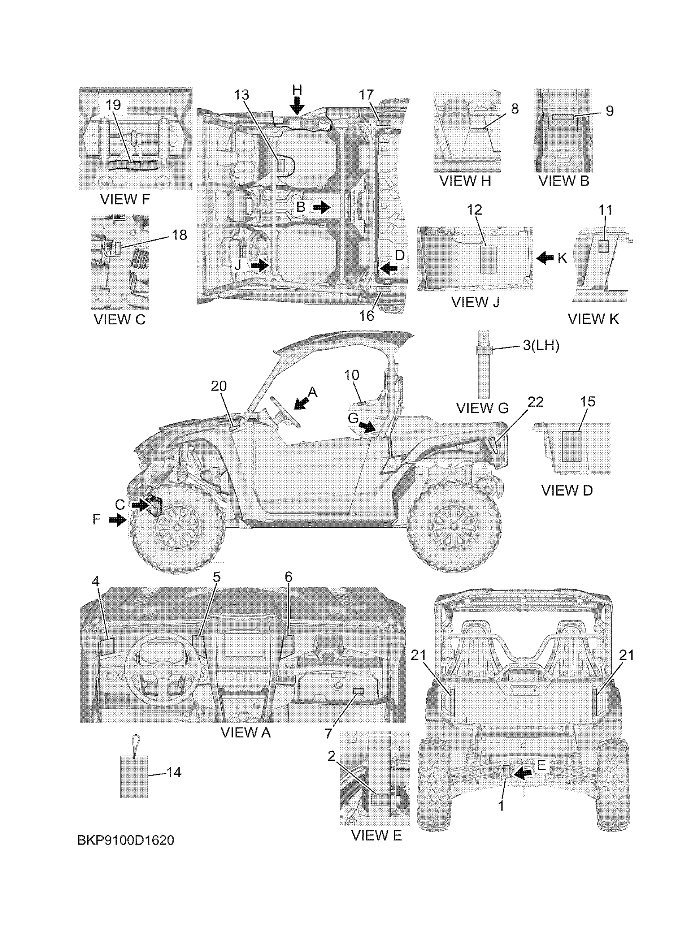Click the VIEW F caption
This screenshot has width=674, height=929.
[x=125, y=199]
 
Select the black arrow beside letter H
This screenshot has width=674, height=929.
[x=298, y=105]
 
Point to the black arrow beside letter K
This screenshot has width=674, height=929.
[x=545, y=258]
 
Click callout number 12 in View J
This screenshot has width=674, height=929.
[x=475, y=210]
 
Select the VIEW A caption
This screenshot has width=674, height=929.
[x=246, y=732]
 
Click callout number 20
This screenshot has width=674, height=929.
[x=219, y=386]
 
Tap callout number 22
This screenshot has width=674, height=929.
[x=535, y=402]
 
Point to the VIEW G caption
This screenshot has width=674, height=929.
[x=482, y=408]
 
